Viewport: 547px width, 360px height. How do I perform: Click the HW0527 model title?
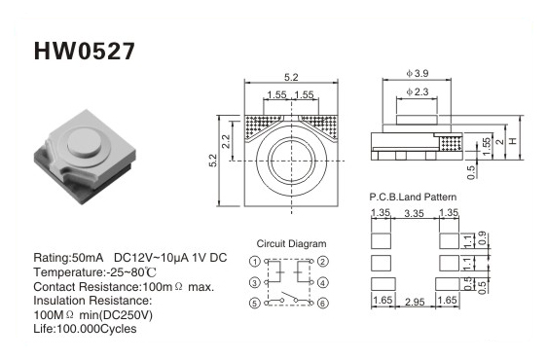[84, 52]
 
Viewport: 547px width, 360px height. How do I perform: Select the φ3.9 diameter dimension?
[418, 73]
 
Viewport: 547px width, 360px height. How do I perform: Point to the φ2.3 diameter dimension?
[418, 91]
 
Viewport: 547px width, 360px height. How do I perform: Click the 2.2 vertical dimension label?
[226, 141]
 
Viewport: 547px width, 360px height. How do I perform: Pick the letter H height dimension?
[513, 141]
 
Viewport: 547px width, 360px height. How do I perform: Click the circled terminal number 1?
[255, 262]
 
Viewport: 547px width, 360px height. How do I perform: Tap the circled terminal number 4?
[323, 282]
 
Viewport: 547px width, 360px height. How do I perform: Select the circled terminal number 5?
[255, 303]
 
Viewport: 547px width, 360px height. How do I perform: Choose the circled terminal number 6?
[323, 303]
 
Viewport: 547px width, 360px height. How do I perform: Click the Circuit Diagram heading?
[291, 243]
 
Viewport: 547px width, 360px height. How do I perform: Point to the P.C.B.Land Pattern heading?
[413, 197]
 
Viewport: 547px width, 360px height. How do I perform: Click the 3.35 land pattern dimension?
[414, 213]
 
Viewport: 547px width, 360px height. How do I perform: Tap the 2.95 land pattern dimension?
[415, 302]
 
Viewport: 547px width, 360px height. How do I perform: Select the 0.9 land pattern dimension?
[482, 238]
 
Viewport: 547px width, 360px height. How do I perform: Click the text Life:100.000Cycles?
[85, 329]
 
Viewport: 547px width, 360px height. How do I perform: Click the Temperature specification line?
[94, 272]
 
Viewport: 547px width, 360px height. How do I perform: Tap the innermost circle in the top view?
[291, 161]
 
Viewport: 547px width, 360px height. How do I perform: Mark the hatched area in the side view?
[452, 144]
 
